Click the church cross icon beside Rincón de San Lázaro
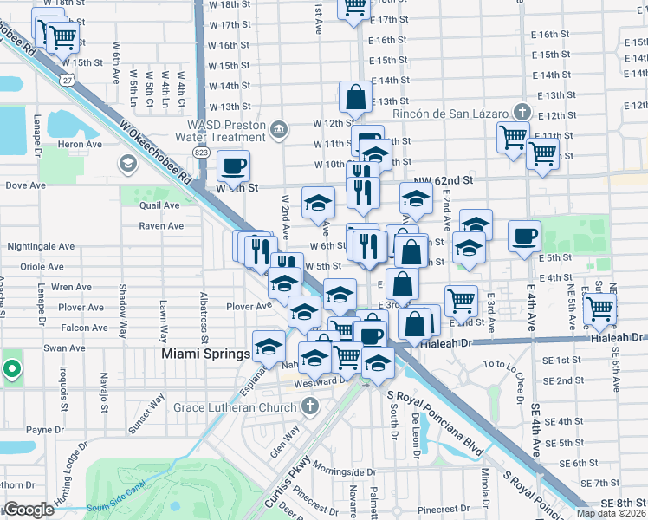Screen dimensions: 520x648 [521, 112]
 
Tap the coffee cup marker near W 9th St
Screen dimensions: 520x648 [232, 165]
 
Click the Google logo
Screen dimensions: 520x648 [29, 510]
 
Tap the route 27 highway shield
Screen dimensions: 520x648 [67, 78]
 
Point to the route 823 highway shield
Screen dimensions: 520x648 [202, 152]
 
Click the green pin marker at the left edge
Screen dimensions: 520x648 [11, 369]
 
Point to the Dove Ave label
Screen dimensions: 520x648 [26, 185]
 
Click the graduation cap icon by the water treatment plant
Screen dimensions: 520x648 [128, 164]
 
